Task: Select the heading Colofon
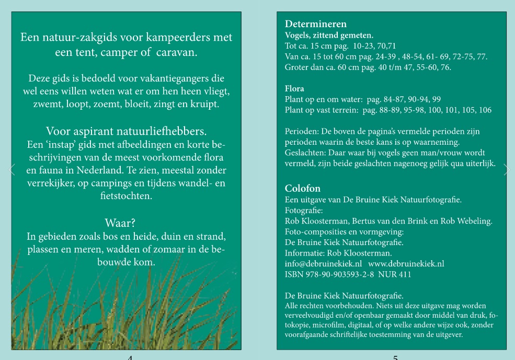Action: pyautogui.click(x=303, y=188)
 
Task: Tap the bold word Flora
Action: pyautogui.click(x=294, y=89)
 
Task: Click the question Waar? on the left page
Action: pyautogui.click(x=120, y=223)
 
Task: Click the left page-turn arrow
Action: pyautogui.click(x=12, y=169)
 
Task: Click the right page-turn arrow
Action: pyautogui.click(x=506, y=169)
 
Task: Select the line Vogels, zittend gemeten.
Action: pyautogui.click(x=329, y=36)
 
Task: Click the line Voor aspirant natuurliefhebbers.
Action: pyautogui.click(x=126, y=131)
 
